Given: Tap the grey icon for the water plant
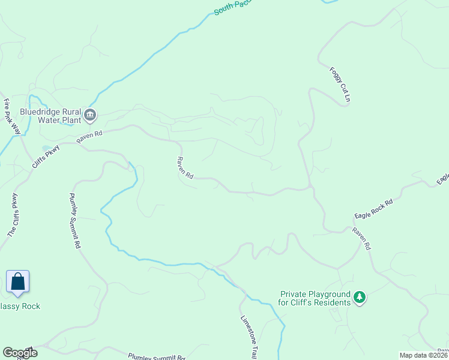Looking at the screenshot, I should coord(90,115).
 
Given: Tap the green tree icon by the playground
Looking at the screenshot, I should coord(360,298).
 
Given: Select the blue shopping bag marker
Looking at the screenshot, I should coord(18,282).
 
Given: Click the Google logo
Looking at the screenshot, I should coord(19,353).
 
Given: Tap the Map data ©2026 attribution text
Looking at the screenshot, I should coord(423,355).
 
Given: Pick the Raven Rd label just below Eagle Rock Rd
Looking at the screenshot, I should coord(362,238).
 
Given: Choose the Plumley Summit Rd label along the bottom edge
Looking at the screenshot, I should coord(156,356).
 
